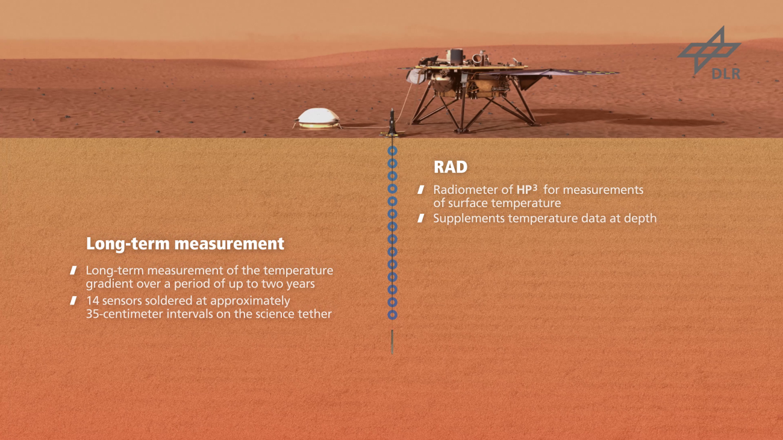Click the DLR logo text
pyautogui.click(x=726, y=73)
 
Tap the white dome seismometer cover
pyautogui.click(x=318, y=119)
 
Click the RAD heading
pyautogui.click(x=451, y=167)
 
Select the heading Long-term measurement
pyautogui.click(x=185, y=244)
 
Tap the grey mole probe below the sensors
pyautogui.click(x=392, y=342)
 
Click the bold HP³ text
pyautogui.click(x=527, y=189)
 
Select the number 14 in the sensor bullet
pyautogui.click(x=93, y=301)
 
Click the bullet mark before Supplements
pyautogui.click(x=421, y=218)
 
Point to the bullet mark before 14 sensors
pyautogui.click(x=73, y=300)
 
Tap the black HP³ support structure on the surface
pyautogui.click(x=392, y=122)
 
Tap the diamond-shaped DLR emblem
pyautogui.click(x=709, y=51)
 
